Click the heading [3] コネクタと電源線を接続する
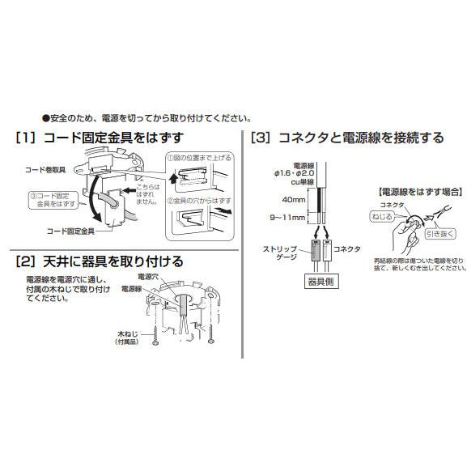(347, 138)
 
